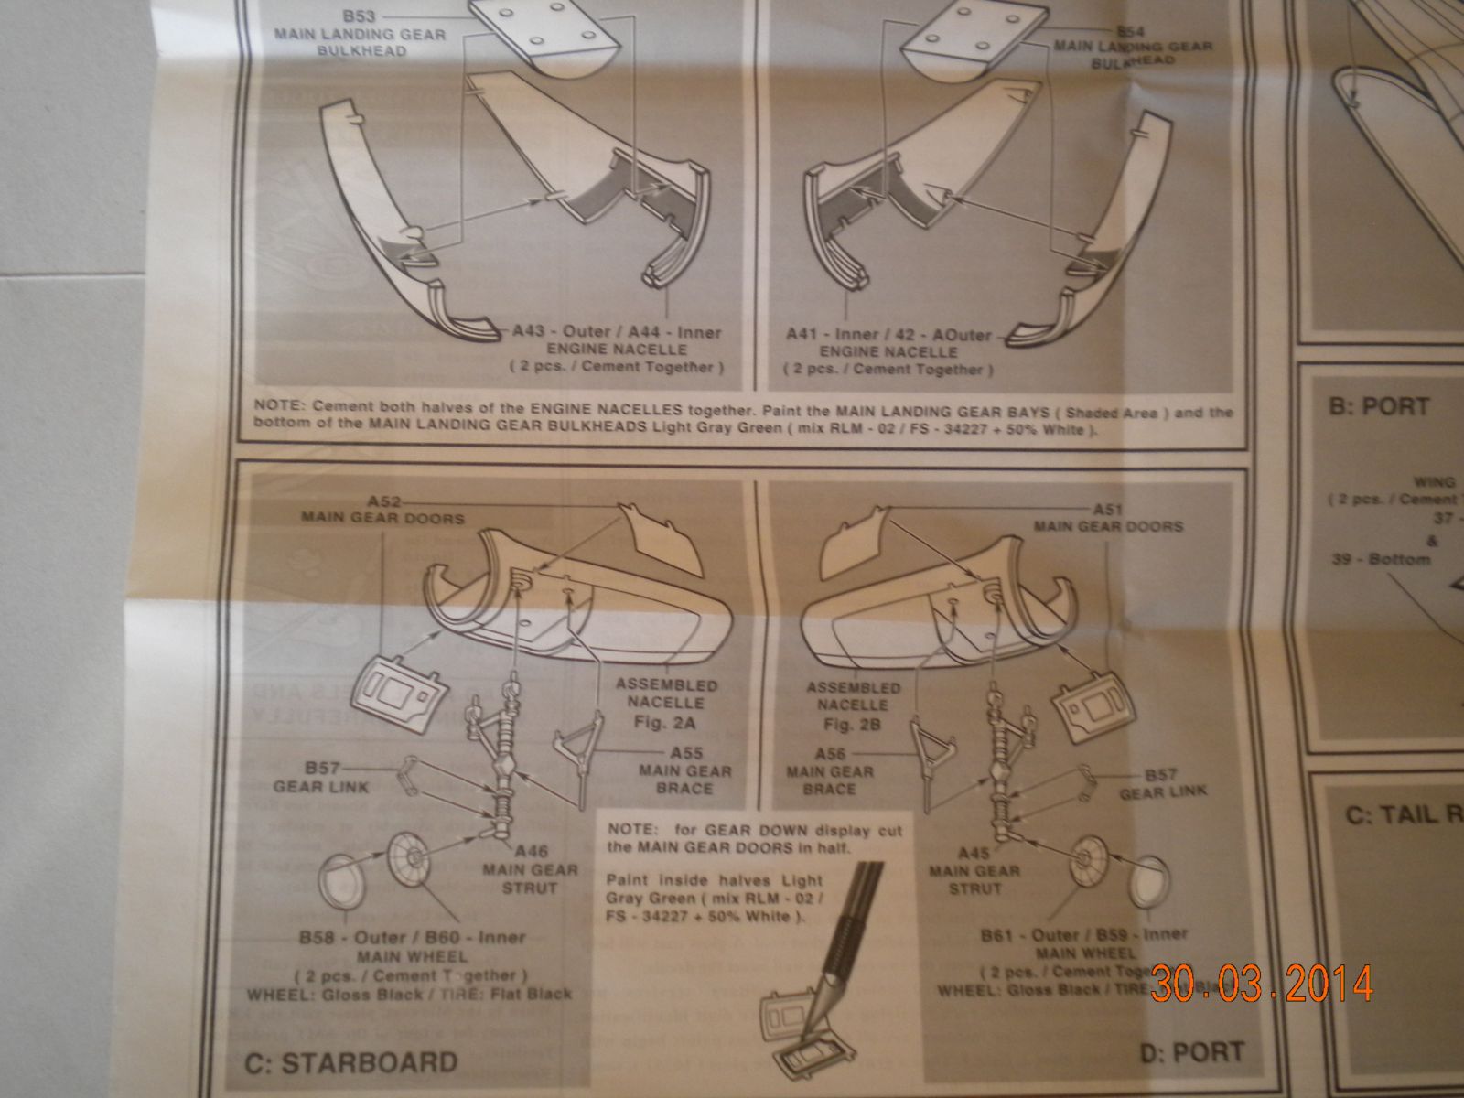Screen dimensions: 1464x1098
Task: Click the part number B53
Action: coord(362,16)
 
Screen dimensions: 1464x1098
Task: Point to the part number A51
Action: coord(1108,509)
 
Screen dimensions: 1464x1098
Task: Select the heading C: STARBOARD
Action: coord(350,1062)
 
